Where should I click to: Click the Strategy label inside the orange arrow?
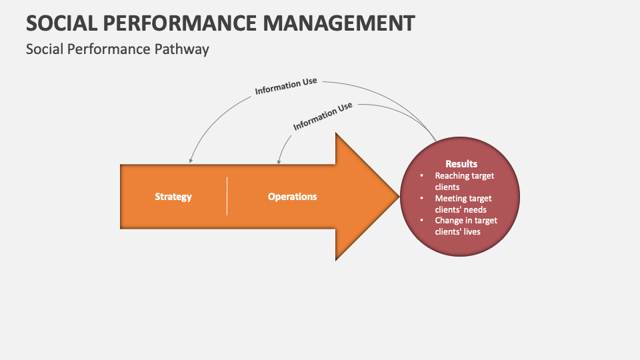173,197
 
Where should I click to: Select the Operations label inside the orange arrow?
292,197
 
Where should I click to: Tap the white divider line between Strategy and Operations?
227,197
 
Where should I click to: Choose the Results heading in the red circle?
461,164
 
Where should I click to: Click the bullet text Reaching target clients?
465,181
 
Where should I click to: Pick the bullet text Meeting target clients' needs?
463,204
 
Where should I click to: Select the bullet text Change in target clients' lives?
465,226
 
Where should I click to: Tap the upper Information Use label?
285,87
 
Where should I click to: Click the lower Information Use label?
323,117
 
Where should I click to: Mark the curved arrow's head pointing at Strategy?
191,161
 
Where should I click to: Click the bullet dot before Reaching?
421,176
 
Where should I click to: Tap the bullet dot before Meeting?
421,199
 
